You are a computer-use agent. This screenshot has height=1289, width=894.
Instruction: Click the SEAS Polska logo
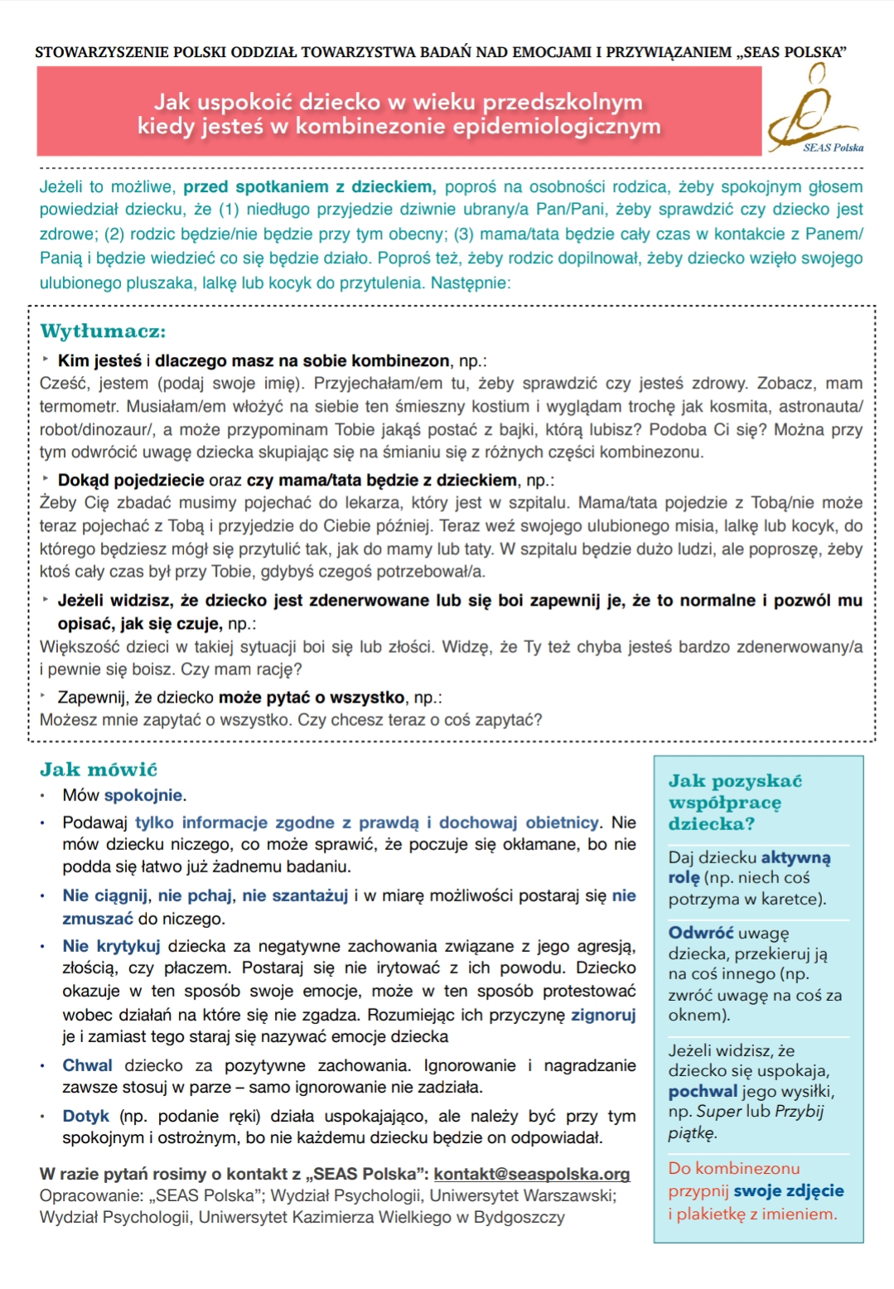pyautogui.click(x=815, y=112)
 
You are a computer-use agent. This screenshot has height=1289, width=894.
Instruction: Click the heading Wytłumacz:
pyautogui.click(x=103, y=331)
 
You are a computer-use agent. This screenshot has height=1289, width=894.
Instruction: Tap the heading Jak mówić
pyautogui.click(x=99, y=770)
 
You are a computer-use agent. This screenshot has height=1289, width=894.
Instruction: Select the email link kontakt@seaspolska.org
pyautogui.click(x=531, y=1174)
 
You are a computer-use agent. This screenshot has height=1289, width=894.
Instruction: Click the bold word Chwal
pyautogui.click(x=87, y=1065)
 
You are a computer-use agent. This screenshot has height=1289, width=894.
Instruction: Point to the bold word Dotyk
pyautogui.click(x=85, y=1116)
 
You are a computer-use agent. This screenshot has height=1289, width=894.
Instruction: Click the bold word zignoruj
pyautogui.click(x=603, y=1015)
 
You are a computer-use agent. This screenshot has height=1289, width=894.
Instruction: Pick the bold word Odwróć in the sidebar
pyautogui.click(x=700, y=933)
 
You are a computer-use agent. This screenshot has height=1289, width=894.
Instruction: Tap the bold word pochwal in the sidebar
pyautogui.click(x=703, y=1091)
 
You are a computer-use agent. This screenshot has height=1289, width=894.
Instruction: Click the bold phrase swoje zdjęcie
pyautogui.click(x=788, y=1190)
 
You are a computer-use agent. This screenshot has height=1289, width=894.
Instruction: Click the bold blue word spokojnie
pyautogui.click(x=143, y=795)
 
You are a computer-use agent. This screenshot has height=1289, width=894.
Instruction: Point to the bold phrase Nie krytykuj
pyautogui.click(x=111, y=946)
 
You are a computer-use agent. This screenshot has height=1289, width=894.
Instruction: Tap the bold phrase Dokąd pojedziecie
pyautogui.click(x=131, y=480)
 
